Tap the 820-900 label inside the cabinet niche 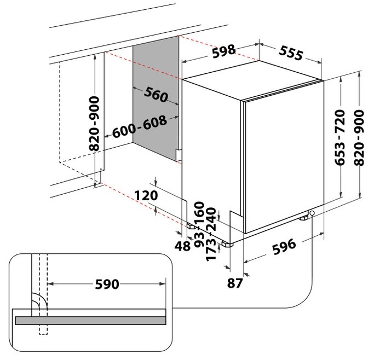tap(94, 124)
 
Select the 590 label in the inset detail tap(107, 284)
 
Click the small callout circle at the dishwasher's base tap(312, 213)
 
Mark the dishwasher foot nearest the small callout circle tap(303, 218)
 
